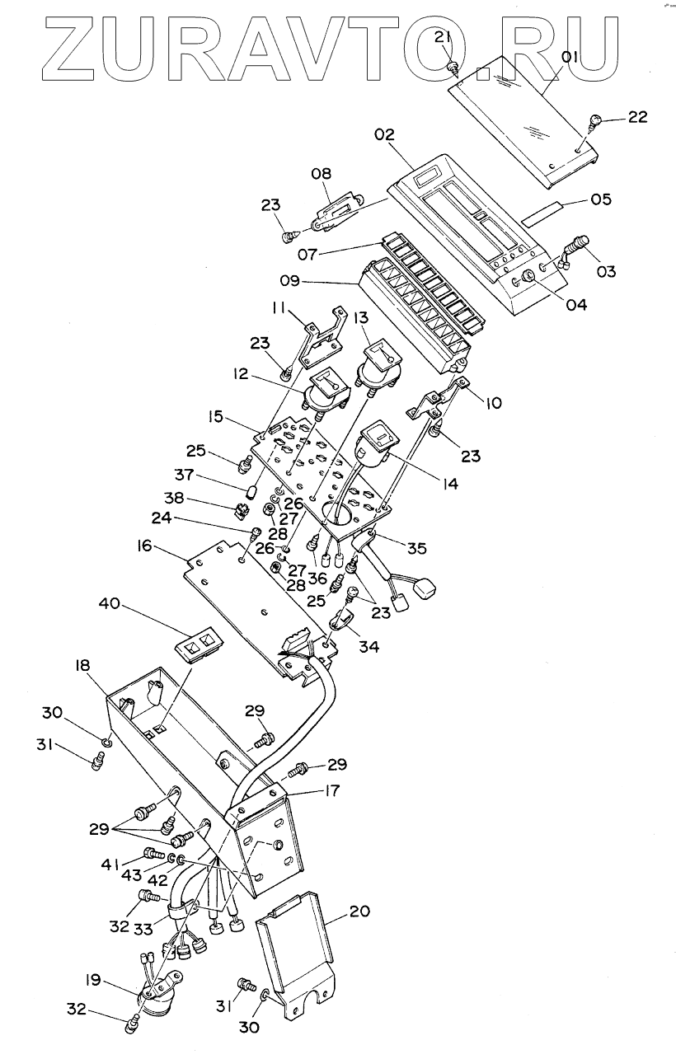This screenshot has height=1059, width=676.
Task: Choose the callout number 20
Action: click(359, 912)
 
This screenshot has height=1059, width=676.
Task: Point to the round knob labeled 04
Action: click(527, 284)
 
